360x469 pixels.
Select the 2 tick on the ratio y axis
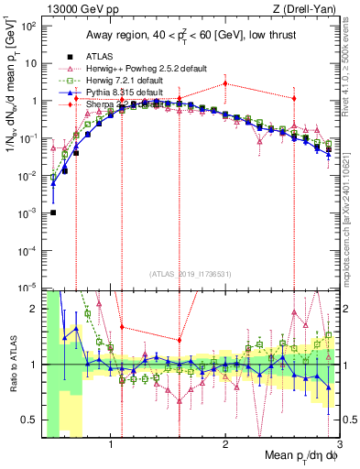pos(35,308)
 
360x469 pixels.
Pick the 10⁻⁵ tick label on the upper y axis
pos(29,288)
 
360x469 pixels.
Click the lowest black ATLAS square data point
pos(53,213)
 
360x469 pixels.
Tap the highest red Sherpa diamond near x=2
pos(225,83)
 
